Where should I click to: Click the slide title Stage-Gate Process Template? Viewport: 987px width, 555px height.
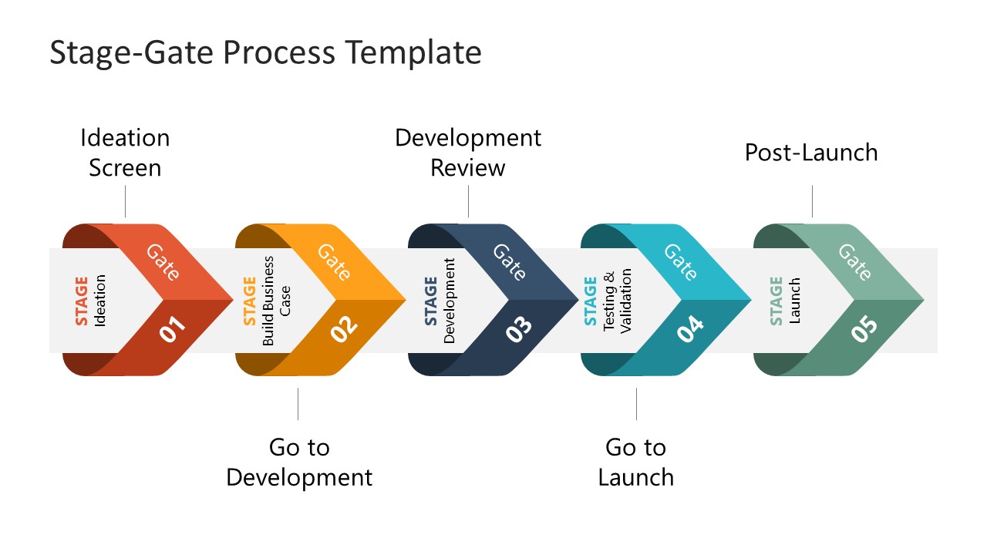pyautogui.click(x=265, y=52)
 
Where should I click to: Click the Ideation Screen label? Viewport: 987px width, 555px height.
pyautogui.click(x=125, y=153)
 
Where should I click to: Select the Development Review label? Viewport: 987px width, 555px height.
pyautogui.click(x=468, y=153)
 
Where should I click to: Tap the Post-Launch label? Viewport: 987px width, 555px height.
pyautogui.click(x=811, y=153)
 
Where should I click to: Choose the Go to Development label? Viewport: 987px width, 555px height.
pyautogui.click(x=299, y=462)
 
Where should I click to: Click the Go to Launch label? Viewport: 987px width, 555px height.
pyautogui.click(x=636, y=462)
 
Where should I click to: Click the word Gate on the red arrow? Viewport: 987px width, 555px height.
pyautogui.click(x=163, y=261)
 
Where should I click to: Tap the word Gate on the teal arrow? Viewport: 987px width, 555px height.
pyautogui.click(x=681, y=261)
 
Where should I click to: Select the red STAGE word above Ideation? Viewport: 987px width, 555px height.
pyautogui.click(x=82, y=301)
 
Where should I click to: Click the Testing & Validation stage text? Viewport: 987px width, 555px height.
pyautogui.click(x=617, y=301)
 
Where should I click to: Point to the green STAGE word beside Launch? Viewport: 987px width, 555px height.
pyautogui.click(x=776, y=301)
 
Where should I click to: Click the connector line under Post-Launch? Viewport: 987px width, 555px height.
pyautogui.click(x=812, y=200)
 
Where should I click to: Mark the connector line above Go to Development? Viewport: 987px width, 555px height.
pyautogui.click(x=298, y=404)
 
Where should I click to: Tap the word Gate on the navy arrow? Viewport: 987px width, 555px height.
pyautogui.click(x=509, y=261)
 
